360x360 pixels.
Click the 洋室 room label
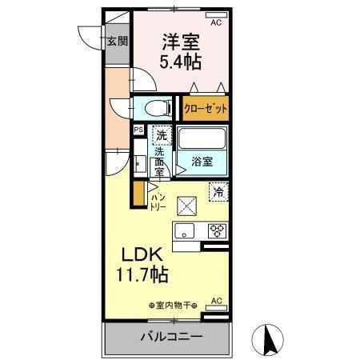(x=182, y=41)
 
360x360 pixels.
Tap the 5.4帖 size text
(x=182, y=61)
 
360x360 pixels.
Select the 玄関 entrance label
(x=118, y=41)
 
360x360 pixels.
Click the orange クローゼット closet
(x=206, y=108)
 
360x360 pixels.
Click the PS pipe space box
(x=138, y=130)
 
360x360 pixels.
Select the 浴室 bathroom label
(x=202, y=161)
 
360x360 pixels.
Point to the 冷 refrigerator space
(x=218, y=191)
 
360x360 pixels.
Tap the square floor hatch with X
(x=186, y=206)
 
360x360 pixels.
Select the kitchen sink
(x=186, y=231)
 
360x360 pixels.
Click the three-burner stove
(x=217, y=230)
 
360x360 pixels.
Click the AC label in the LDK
(x=215, y=301)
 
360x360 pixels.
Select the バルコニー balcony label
(x=169, y=337)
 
